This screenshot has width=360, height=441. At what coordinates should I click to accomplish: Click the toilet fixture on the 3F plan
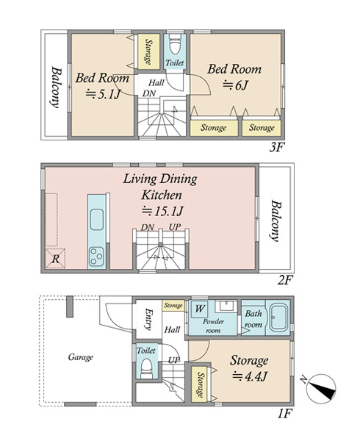pos(175,45)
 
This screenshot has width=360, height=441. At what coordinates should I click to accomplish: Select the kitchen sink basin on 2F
pos(97,220)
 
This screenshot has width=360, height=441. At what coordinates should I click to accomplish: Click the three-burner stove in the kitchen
pos(97,256)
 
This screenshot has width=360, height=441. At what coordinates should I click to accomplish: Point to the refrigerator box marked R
pos(55,258)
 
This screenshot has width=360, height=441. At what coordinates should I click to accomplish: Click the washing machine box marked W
pos(200,309)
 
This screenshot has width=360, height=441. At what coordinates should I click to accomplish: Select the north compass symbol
pos(320,389)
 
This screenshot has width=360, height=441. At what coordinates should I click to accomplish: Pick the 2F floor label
pos(285,280)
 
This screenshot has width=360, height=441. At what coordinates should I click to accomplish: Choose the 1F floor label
pos(285,413)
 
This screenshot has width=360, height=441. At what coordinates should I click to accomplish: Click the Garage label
pos(80,357)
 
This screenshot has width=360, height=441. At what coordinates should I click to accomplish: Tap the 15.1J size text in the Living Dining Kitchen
pos(162,211)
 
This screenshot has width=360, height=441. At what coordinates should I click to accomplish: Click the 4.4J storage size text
pos(249,376)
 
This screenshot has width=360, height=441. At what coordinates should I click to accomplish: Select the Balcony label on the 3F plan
pos(57,87)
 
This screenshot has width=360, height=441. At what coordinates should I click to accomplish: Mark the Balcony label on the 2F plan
pos(276,220)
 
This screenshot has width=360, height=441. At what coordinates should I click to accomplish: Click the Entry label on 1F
pos(148,319)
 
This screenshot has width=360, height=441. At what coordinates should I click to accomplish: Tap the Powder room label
pos(213,326)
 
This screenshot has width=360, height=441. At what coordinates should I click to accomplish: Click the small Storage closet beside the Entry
pos(173,306)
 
